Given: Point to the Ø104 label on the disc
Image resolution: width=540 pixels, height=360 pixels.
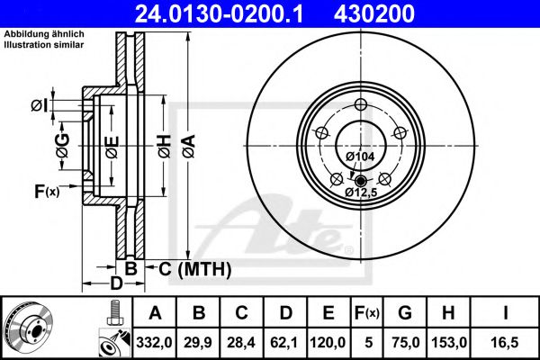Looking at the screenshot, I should click(360, 157).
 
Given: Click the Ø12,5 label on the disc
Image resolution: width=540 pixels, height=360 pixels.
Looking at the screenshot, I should click(361, 192).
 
